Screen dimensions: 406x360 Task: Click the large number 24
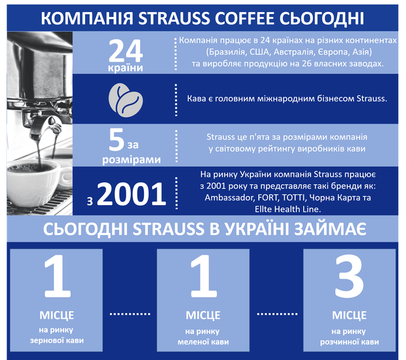(126, 51)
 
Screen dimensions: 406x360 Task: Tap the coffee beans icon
(126, 100)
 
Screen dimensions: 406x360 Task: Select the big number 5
(117, 140)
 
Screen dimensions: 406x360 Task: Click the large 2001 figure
(131, 194)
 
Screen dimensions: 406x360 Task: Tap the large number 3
(350, 277)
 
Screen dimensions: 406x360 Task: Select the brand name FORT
(267, 197)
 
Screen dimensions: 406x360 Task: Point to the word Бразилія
(226, 52)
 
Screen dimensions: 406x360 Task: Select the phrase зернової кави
(57, 340)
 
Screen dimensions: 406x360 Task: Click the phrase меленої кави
(203, 342)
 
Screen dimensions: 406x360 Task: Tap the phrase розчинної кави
(350, 342)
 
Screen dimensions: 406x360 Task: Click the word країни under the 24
(126, 68)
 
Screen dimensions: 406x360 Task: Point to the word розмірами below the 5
(131, 159)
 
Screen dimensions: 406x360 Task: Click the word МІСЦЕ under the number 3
(350, 316)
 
